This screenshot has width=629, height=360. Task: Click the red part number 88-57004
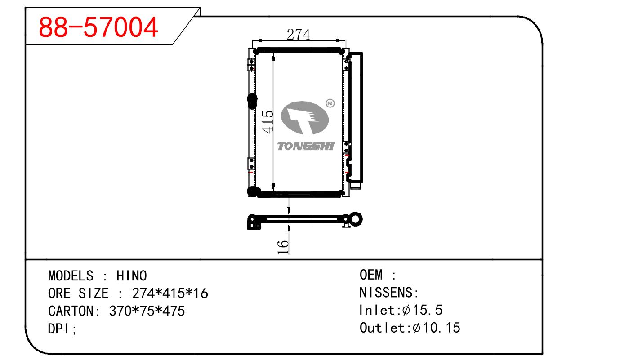(x=98, y=27)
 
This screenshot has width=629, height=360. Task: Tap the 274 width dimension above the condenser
(x=299, y=35)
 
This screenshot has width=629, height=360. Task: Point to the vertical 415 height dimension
(x=267, y=122)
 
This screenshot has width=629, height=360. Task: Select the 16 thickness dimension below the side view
(x=283, y=247)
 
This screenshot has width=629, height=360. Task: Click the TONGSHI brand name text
(x=306, y=147)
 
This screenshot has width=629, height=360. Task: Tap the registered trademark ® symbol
(x=330, y=103)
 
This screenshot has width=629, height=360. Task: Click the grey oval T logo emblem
(x=305, y=118)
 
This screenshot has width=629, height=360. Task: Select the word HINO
(x=131, y=276)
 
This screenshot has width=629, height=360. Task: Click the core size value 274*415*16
(x=170, y=293)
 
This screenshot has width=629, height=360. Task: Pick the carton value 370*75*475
(x=147, y=311)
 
